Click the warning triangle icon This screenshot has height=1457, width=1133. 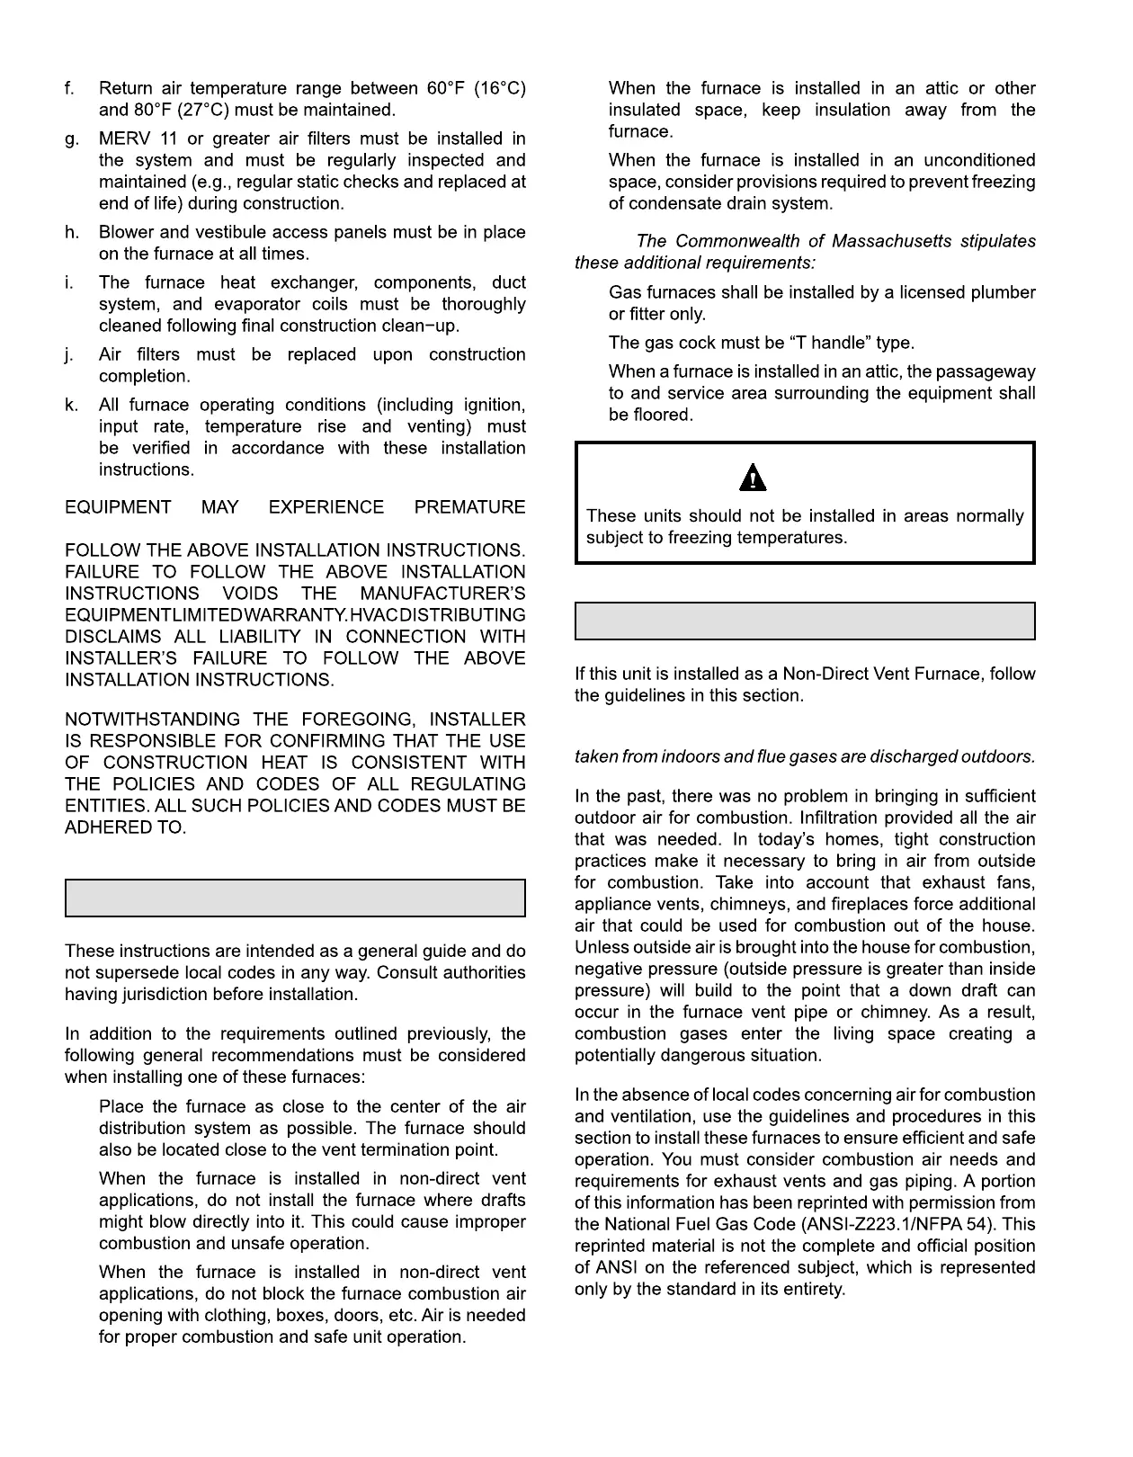click(753, 478)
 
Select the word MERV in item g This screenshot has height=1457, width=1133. click(123, 139)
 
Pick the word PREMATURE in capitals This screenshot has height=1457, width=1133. click(469, 507)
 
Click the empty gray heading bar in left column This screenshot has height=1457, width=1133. click(295, 898)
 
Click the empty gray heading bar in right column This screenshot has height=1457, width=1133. click(805, 621)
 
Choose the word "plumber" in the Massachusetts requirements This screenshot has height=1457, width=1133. click(999, 293)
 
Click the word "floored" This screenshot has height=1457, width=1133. click(665, 416)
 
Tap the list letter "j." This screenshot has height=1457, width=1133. click(70, 355)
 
